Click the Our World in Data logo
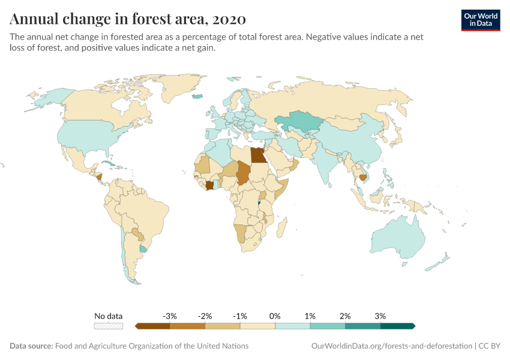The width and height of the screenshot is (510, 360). tap(480, 20)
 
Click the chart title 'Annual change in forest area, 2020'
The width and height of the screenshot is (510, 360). tap(128, 19)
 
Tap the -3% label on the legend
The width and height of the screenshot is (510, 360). tap(170, 316)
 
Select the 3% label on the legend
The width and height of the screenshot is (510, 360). tap(380, 316)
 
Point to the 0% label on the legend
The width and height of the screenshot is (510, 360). tap(275, 316)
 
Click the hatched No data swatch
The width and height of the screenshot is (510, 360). tap(109, 326)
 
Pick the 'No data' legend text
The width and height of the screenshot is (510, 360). tap(109, 316)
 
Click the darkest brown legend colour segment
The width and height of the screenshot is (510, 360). tap(153, 326)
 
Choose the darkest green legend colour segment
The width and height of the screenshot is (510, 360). tap(397, 326)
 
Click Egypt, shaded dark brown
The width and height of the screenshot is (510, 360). tap(258, 155)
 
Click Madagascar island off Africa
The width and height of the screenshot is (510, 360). tap(282, 229)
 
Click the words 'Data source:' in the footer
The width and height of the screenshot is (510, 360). tap(31, 346)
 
